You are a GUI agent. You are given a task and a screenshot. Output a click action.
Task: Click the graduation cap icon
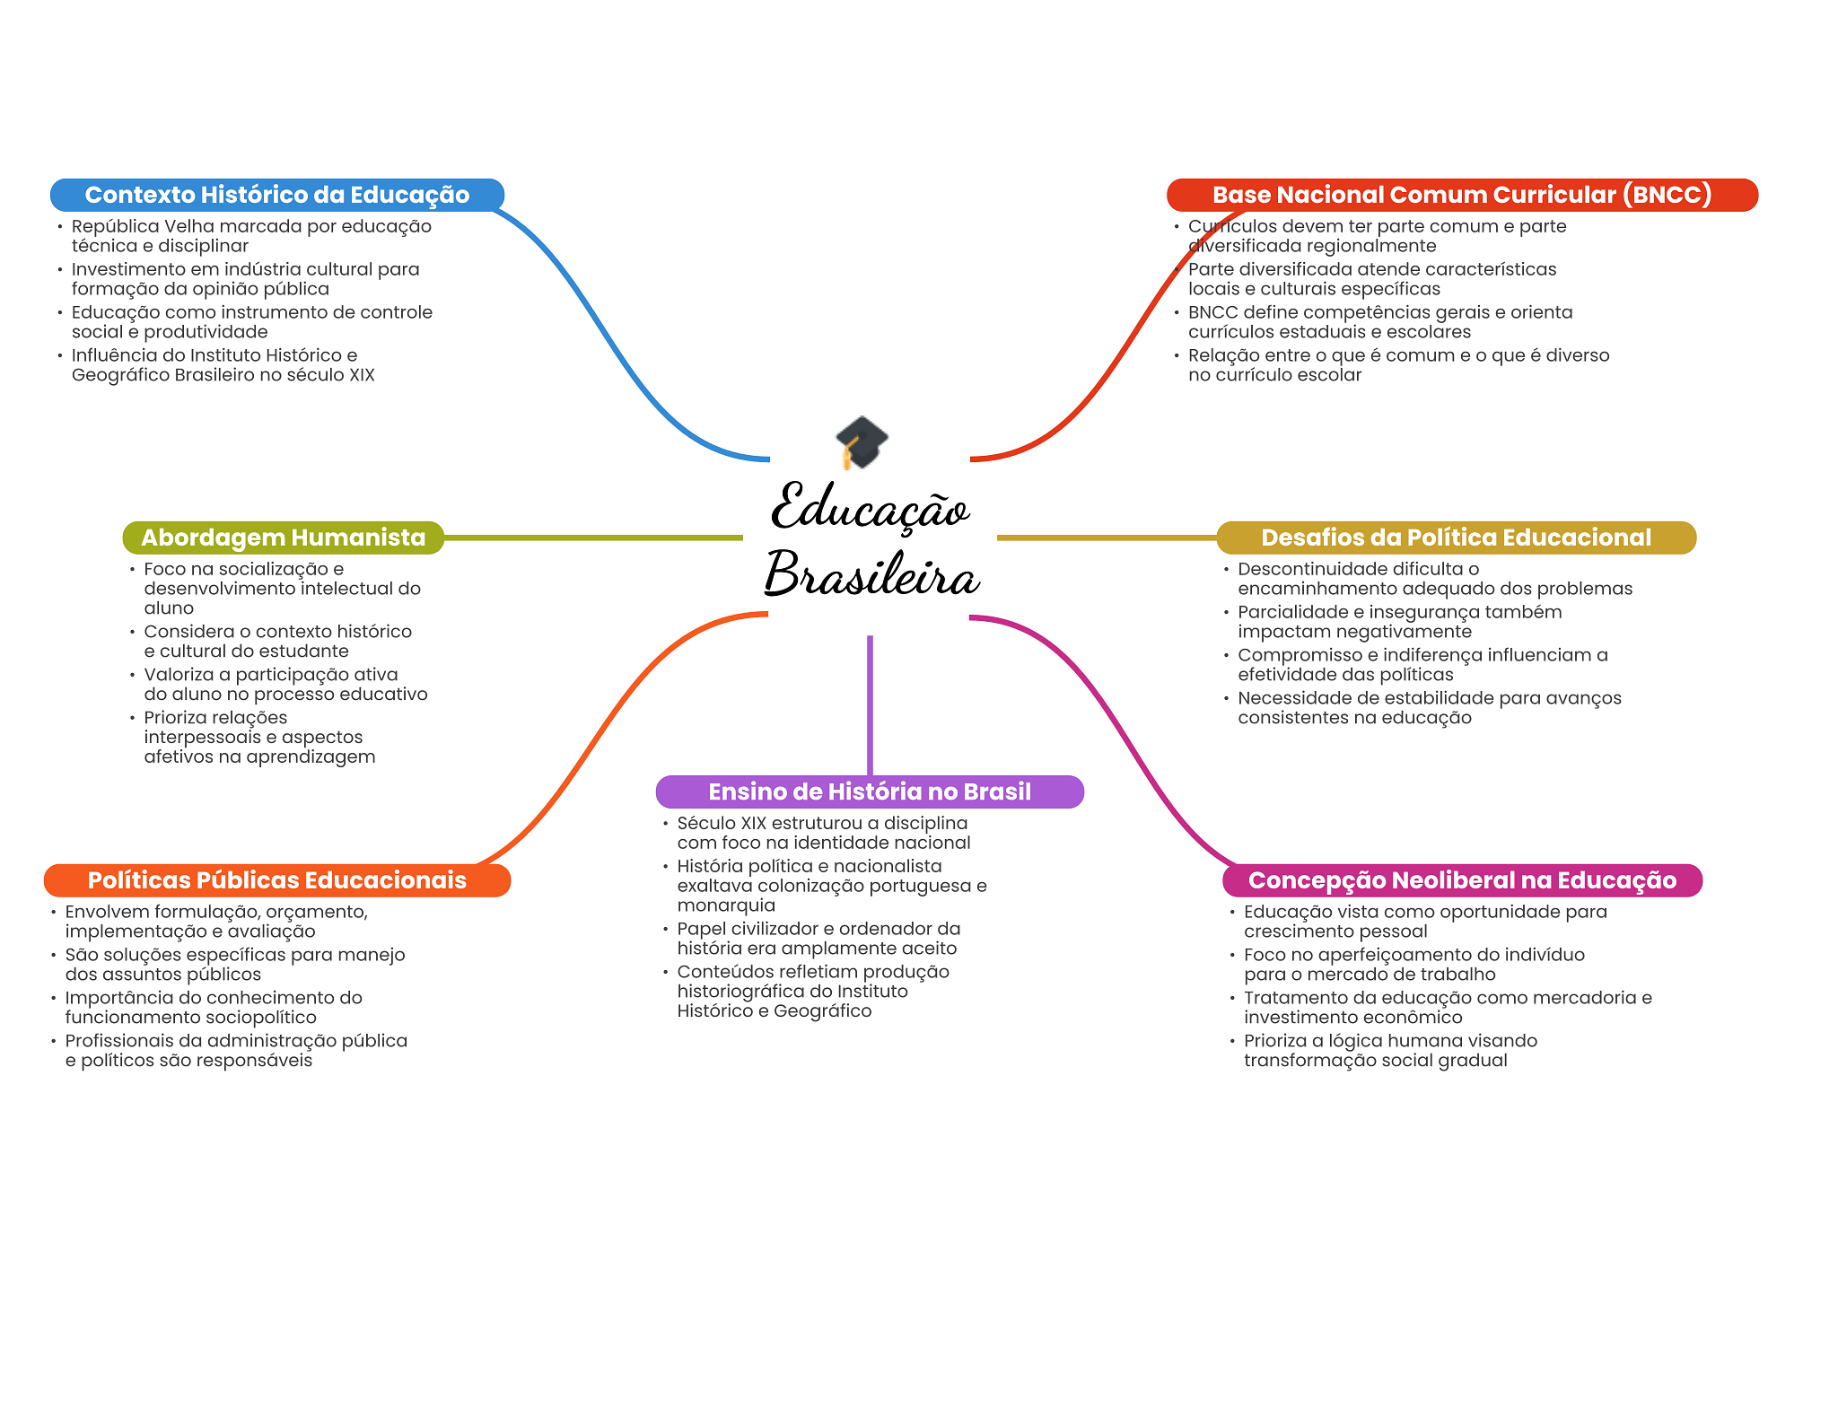[862, 442]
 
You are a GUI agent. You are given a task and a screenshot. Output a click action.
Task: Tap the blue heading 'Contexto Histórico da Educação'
[276, 195]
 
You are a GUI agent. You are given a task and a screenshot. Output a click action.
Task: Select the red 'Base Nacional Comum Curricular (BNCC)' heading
[1461, 195]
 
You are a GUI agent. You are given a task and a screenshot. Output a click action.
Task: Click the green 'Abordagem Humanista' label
[283, 538]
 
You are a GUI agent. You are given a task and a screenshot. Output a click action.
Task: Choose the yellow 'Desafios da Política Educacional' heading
[1456, 538]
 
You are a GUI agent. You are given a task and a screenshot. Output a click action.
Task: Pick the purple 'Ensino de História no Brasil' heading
[870, 791]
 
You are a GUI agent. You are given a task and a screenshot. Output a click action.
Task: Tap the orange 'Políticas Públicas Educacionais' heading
[276, 880]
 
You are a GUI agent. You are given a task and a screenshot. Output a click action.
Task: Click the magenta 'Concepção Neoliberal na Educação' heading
[1462, 880]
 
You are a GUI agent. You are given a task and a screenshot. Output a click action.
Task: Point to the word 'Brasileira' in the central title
[871, 574]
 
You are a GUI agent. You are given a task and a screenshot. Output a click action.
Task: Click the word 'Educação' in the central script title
[871, 508]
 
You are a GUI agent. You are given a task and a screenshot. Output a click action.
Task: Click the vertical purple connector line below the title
[870, 704]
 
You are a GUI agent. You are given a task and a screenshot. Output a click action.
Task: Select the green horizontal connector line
[592, 538]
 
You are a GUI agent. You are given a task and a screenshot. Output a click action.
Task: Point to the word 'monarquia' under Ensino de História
[726, 905]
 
